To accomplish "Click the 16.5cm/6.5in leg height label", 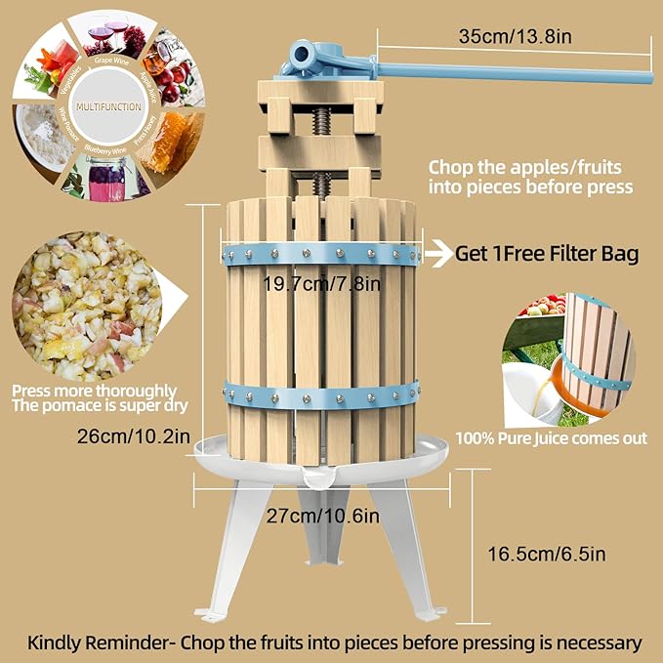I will point(546,554).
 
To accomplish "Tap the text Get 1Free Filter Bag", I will point(547,254).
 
